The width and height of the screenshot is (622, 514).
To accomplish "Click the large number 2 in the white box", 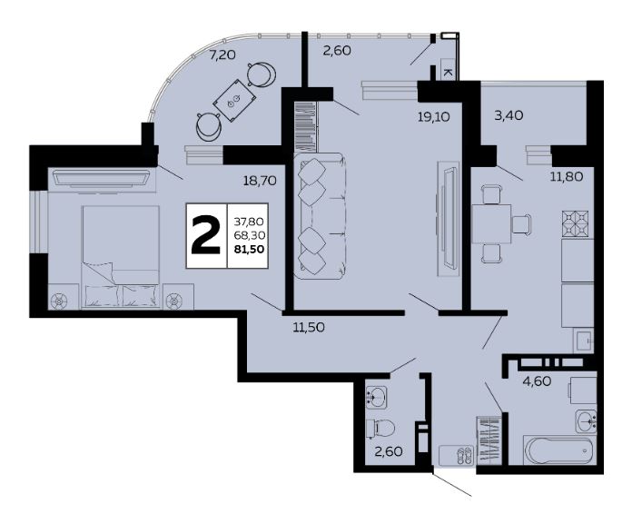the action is coord(205,235).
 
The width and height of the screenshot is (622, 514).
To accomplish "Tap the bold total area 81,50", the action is coord(250,249).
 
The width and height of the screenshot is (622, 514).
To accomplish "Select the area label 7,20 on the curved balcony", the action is coord(222,54).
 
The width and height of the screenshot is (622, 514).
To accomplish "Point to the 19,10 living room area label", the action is coord(433,116).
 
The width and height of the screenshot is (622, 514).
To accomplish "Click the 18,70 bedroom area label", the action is coord(260,181).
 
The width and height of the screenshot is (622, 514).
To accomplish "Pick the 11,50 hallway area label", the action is coord(309,327).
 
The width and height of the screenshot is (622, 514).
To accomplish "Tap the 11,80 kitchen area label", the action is coord(567,176).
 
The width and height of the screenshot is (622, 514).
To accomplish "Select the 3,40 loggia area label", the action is coord(508,115).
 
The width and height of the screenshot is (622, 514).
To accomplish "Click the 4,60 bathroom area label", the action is coord(537,381).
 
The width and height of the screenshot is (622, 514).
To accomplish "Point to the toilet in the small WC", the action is coord(380,429).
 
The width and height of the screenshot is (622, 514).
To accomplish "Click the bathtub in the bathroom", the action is coord(560,450).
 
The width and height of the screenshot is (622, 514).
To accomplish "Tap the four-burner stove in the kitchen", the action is coord(575,224).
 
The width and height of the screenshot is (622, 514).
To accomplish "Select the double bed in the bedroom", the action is coord(121,257).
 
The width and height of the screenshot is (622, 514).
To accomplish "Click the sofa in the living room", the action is coord(319,216).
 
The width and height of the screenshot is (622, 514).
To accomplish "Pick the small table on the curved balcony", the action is coord(235,100).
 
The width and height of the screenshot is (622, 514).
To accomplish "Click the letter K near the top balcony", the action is coord(448,73).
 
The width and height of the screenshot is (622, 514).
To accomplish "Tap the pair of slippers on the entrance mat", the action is coord(465,455).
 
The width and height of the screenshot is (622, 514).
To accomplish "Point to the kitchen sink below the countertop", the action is coord(584,341).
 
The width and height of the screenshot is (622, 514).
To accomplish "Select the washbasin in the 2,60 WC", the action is coord(376,397).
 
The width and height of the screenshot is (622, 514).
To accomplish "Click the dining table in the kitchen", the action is coord(491,223).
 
